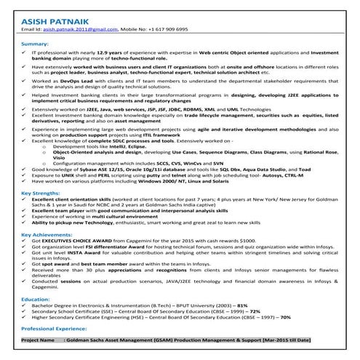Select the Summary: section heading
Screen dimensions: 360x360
coord(35,44)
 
